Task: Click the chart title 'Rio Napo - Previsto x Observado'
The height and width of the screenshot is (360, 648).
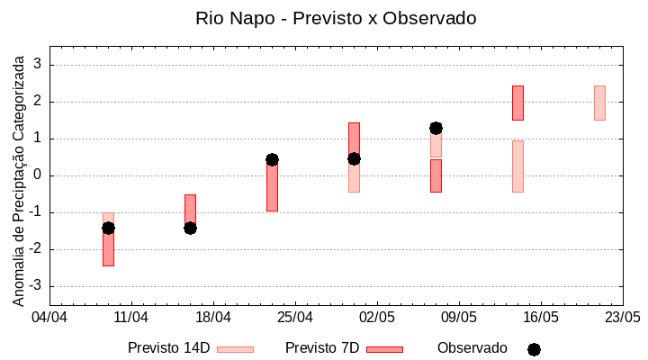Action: coord(336,18)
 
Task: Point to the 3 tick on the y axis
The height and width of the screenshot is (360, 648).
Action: coord(38,65)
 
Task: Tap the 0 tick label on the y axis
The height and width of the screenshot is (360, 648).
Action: coord(38,175)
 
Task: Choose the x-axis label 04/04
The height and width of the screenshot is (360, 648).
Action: coord(49,318)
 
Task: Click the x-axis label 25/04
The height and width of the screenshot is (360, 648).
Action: coord(295,318)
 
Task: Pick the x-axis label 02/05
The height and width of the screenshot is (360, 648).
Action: coord(377,318)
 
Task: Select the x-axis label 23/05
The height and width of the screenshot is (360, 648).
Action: coord(622,318)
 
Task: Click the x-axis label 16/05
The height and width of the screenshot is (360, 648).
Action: coord(540,318)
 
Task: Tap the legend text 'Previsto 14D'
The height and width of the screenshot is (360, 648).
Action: coord(168,348)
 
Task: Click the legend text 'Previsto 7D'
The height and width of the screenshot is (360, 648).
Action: coord(322,348)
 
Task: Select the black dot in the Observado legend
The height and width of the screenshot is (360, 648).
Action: coord(534,349)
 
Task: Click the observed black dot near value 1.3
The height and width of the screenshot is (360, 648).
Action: coord(436,128)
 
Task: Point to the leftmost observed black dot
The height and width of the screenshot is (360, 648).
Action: coord(108,228)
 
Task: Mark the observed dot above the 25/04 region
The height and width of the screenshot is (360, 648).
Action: coord(272,159)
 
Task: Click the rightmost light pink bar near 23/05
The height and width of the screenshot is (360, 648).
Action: coord(599,103)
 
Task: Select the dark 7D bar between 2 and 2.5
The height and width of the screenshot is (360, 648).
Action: coord(517,103)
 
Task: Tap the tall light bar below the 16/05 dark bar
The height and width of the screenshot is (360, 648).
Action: coord(517,166)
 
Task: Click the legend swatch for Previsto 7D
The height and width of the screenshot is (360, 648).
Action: coord(384,349)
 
